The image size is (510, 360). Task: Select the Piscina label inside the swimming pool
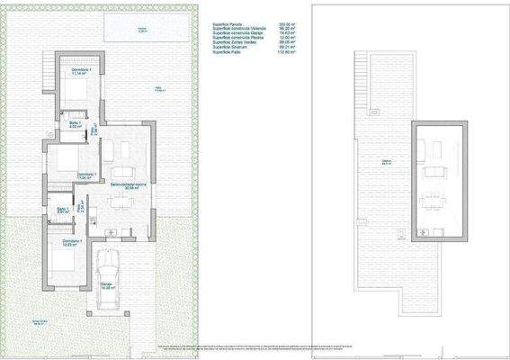coord(141,30)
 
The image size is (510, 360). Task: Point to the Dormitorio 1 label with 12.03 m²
coord(72,243)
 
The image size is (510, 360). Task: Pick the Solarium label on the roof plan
coord(386,162)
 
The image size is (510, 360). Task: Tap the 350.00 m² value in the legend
coord(287,24)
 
